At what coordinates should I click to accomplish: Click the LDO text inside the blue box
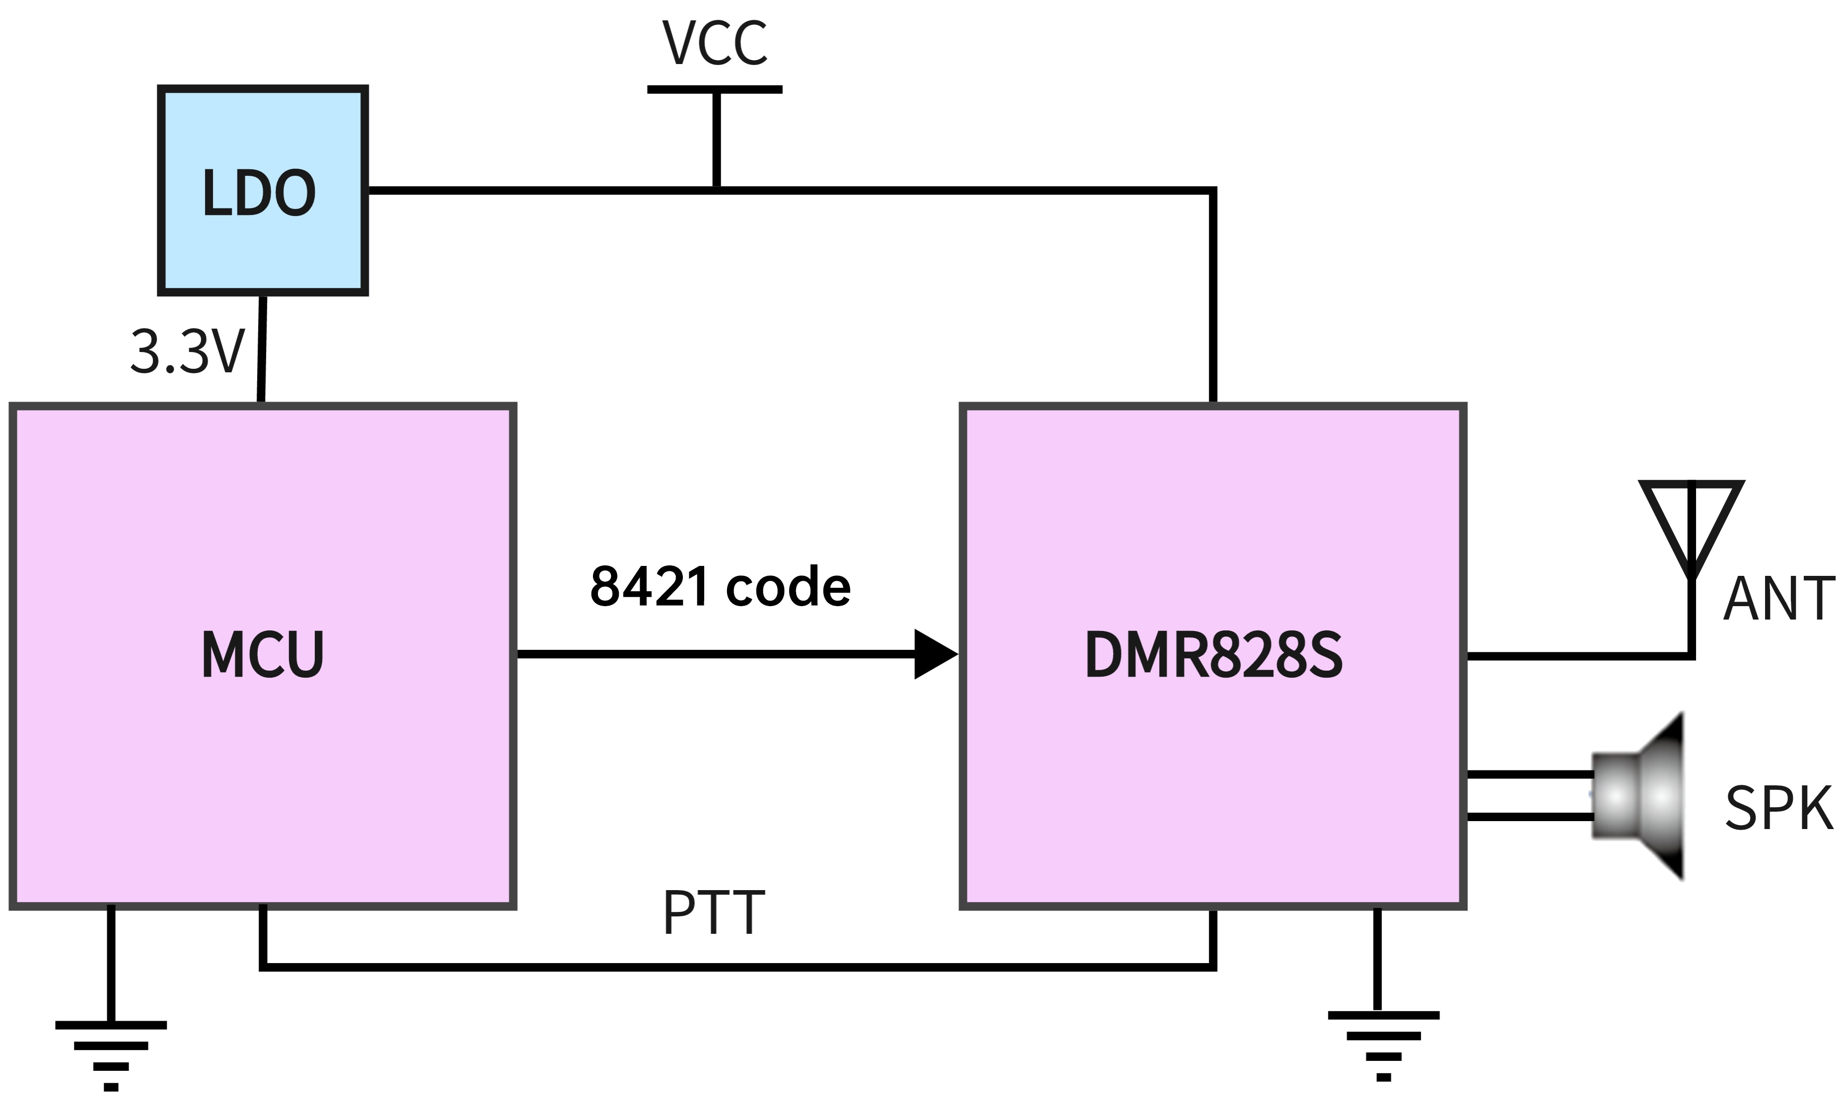coord(259,193)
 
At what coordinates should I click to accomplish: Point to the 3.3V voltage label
coord(187,352)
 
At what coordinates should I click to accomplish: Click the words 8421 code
coord(720,586)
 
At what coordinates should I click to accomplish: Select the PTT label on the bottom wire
coord(714,912)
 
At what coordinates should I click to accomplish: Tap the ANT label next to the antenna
coord(1778,599)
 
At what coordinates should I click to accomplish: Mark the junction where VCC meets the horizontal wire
coord(717,190)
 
